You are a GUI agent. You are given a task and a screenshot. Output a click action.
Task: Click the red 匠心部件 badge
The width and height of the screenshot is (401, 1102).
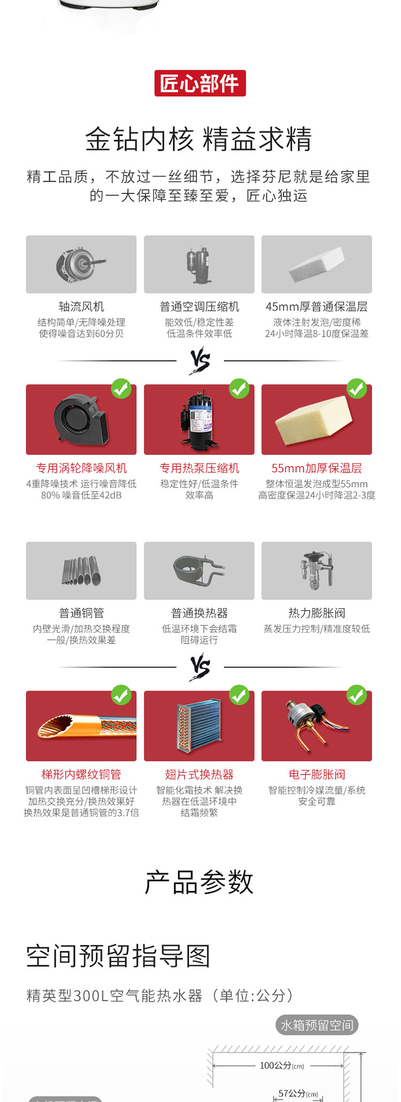point(200,83)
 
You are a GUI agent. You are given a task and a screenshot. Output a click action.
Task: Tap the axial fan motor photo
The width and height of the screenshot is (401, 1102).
point(80,265)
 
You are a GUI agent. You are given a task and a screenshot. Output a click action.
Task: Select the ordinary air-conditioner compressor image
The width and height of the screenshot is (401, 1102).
point(198,265)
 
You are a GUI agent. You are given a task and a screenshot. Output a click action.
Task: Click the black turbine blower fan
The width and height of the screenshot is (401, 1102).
point(82,418)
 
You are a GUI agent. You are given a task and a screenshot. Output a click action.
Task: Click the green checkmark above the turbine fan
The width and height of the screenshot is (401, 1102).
point(121,389)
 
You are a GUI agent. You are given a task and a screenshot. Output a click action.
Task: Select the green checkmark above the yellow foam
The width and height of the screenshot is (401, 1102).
point(357,389)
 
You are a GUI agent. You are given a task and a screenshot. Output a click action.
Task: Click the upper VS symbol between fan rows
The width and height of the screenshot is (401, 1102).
point(200,360)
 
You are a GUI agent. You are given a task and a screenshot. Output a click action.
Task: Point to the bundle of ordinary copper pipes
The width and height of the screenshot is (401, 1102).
point(81,571)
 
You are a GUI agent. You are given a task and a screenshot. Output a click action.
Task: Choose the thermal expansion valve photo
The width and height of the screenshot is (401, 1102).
point(317,570)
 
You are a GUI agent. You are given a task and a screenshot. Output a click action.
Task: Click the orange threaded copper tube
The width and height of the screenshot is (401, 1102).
point(86,726)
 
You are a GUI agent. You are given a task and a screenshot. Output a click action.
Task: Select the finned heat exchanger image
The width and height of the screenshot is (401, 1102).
point(199,726)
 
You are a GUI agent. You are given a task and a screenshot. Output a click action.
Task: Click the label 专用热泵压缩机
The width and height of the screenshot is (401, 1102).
point(199,468)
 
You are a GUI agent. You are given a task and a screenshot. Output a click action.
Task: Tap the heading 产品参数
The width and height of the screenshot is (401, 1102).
point(199,882)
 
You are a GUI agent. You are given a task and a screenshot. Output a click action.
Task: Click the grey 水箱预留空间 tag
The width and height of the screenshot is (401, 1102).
point(317,1025)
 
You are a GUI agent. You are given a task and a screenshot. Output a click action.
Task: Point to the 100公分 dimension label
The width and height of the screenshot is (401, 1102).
point(282,1066)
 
